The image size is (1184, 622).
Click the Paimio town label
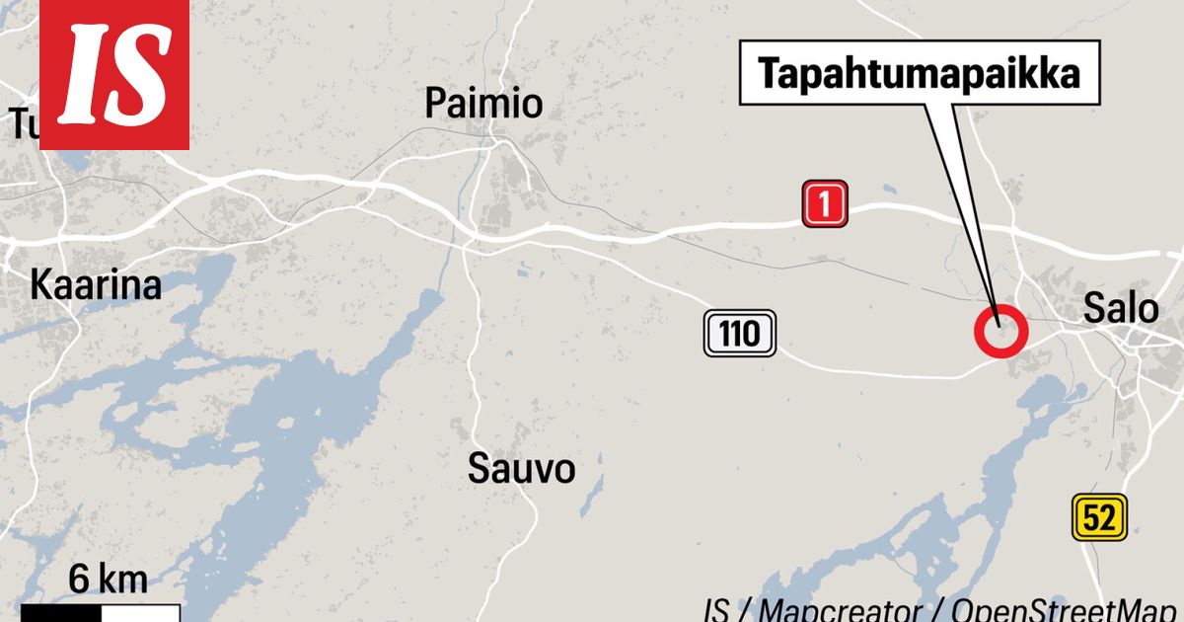tap(483, 103)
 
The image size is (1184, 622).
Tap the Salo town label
tap(1121, 309)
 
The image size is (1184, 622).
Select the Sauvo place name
tap(521, 468)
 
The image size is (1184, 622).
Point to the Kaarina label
tap(95, 285)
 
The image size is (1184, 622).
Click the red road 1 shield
tap(825, 204)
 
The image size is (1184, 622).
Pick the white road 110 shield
tap(740, 334)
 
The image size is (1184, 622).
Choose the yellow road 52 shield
tap(1099, 517)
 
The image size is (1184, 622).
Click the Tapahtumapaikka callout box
tap(919, 73)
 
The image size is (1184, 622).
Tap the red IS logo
tap(113, 74)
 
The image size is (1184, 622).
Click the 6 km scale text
tap(109, 581)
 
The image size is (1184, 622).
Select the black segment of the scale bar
tap(60, 613)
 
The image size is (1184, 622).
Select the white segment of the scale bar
tap(140, 613)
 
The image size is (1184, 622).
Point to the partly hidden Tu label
tap(22, 125)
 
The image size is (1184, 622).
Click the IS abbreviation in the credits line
tap(716, 609)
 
